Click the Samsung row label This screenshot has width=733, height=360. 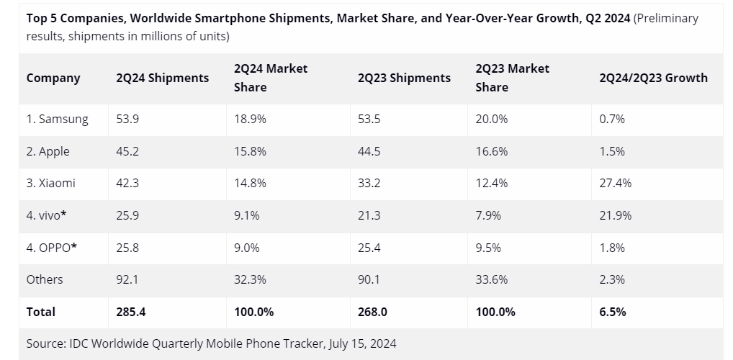pyautogui.click(x=58, y=120)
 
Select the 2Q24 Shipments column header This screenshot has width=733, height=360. pyautogui.click(x=162, y=78)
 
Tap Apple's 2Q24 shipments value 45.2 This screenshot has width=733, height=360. pyautogui.click(x=127, y=151)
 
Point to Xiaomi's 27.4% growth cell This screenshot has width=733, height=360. pyautogui.click(x=615, y=183)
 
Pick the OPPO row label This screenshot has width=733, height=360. pyautogui.click(x=52, y=247)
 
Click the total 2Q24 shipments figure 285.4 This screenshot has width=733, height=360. pyautogui.click(x=131, y=312)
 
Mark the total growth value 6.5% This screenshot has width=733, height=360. pyautogui.click(x=612, y=312)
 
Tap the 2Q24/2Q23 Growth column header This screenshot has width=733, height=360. pyautogui.click(x=653, y=78)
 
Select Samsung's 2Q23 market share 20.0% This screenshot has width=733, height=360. pyautogui.click(x=491, y=120)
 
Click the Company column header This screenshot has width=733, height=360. pyautogui.click(x=53, y=78)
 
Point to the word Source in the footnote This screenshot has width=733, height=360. pyautogui.click(x=45, y=343)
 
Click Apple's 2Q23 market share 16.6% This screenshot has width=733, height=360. pyautogui.click(x=491, y=151)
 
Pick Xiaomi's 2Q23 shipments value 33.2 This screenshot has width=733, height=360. pyautogui.click(x=369, y=183)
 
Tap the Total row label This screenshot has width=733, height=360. pyautogui.click(x=41, y=312)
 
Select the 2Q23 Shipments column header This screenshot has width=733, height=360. pyautogui.click(x=404, y=78)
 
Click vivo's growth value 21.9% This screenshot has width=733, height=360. pyautogui.click(x=615, y=215)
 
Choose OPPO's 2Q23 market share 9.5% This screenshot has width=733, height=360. pyautogui.click(x=488, y=247)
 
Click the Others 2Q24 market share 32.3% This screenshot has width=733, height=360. pyautogui.click(x=250, y=279)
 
